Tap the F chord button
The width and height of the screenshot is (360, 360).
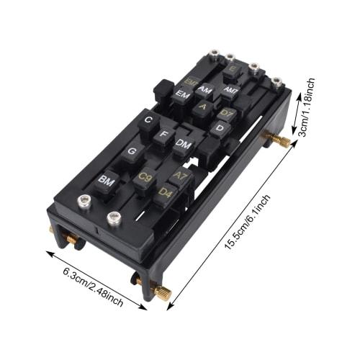[164, 134]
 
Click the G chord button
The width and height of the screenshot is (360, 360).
[132, 152]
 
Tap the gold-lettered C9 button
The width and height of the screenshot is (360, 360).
[145, 176]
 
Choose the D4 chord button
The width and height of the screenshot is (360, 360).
[166, 192]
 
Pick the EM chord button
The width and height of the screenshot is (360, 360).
[183, 94]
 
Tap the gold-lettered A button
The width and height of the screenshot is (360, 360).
[203, 107]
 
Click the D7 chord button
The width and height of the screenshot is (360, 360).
[226, 113]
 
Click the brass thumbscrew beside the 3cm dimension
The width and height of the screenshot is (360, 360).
[279, 138]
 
